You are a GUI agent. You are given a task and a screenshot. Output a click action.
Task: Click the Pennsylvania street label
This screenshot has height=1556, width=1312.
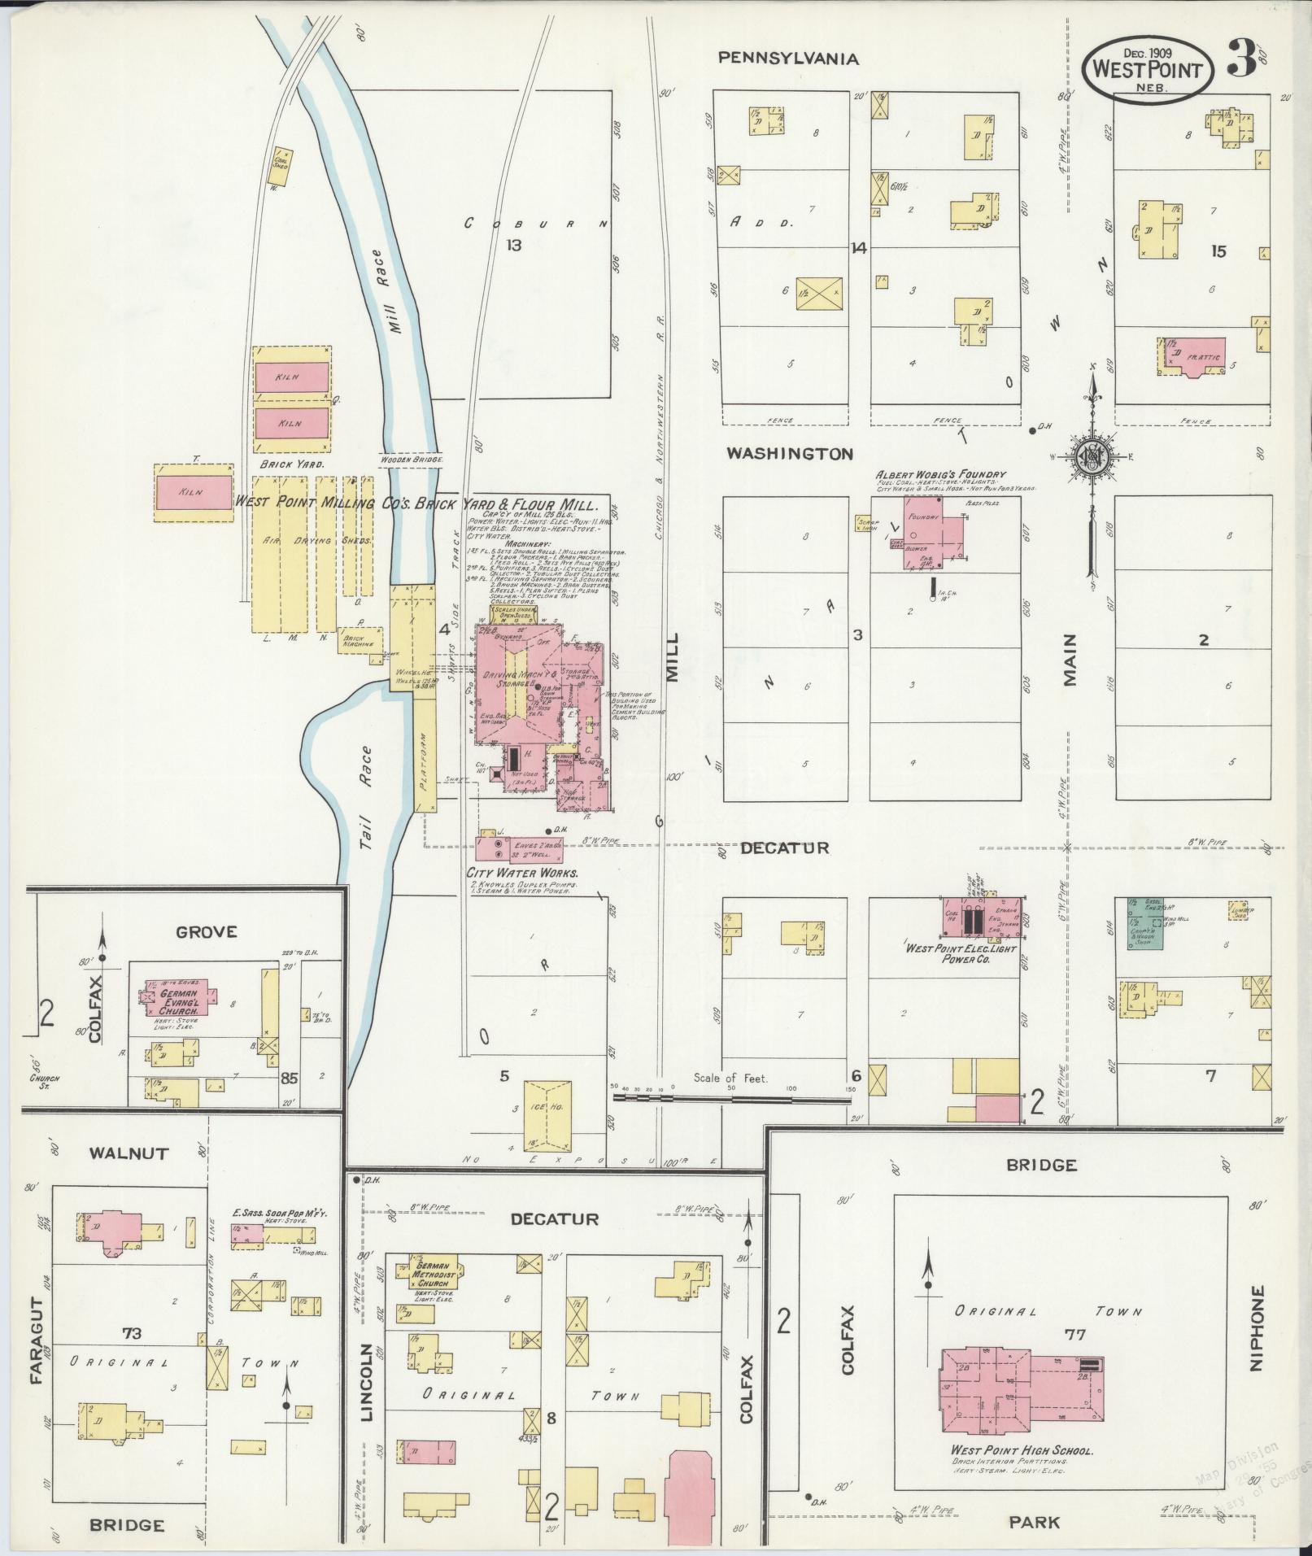(x=788, y=59)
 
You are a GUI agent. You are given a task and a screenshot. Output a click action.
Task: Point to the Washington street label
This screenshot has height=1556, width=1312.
(x=789, y=454)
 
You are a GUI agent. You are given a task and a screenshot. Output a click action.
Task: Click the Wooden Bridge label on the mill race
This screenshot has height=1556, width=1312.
(x=412, y=460)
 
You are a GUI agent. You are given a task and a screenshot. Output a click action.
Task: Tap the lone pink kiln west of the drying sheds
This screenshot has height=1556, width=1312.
(x=195, y=492)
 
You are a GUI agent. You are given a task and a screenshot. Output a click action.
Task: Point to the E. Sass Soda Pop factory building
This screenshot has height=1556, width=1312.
(x=249, y=1235)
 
